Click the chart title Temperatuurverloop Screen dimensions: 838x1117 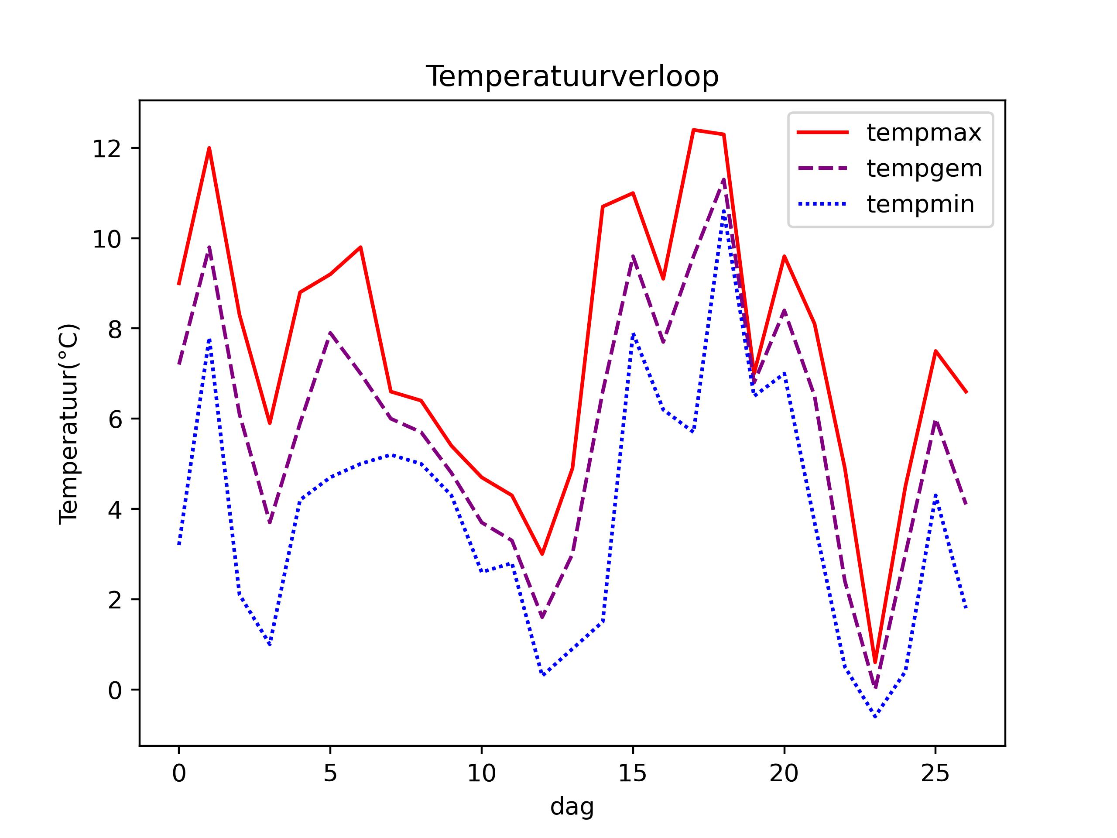tap(572, 77)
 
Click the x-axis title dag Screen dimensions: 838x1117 tap(572, 807)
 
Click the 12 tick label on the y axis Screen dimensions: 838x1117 tap(107, 149)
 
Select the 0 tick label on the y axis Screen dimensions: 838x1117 tap(115, 690)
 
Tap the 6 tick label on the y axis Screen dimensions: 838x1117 tap(115, 420)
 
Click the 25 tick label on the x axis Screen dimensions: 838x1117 tap(935, 774)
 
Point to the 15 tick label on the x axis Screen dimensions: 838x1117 tap(632, 774)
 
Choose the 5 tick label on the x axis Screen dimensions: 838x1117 tap(330, 774)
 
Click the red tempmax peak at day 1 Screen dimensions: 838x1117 tap(209, 148)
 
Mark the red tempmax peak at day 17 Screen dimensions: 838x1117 tap(693, 130)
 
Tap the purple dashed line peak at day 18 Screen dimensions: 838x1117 tap(723, 179)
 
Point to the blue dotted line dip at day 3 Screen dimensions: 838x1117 tap(270, 645)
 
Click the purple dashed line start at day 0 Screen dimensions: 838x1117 tap(179, 364)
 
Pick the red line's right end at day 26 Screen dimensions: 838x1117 tap(966, 392)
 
